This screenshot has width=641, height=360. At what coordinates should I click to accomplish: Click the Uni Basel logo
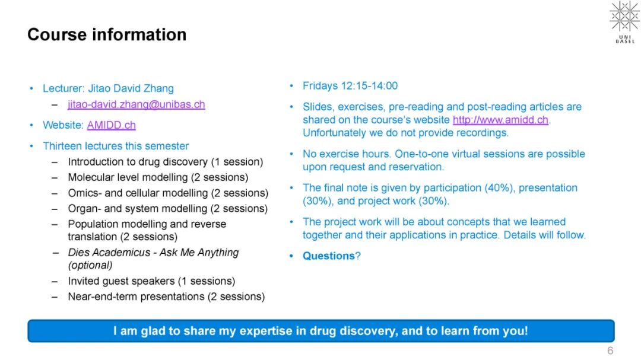click(624, 22)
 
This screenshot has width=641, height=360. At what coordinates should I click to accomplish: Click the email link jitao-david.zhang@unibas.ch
click(136, 104)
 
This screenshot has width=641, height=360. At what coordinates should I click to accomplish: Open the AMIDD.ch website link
click(111, 125)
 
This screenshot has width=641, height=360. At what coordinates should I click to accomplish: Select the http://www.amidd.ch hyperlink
click(500, 120)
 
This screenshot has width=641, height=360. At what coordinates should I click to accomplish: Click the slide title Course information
click(107, 35)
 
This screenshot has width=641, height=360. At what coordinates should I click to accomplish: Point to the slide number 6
click(610, 351)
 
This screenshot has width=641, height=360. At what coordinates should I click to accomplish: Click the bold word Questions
click(329, 256)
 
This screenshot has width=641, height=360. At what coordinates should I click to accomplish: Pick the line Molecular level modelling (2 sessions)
click(158, 177)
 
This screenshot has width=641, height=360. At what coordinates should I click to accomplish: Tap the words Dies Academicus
click(109, 253)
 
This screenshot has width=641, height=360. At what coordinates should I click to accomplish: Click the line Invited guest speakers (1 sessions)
click(152, 281)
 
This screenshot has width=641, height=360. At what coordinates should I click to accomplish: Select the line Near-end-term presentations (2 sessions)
click(166, 297)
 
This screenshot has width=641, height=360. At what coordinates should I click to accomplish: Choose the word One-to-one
click(423, 154)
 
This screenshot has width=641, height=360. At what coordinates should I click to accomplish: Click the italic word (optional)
click(90, 266)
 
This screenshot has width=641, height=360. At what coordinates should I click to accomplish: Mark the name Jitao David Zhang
click(131, 88)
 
